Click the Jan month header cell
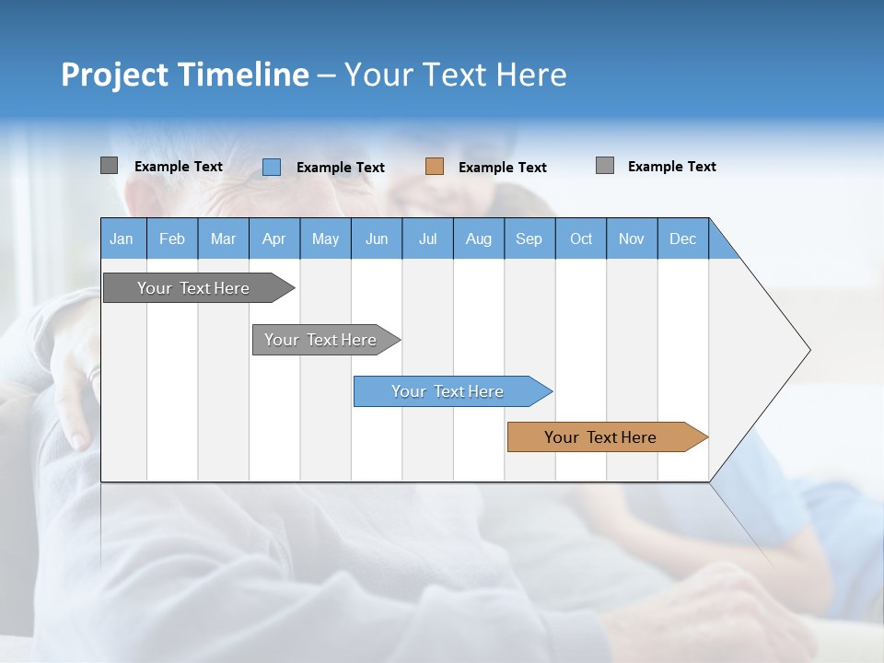point(122,238)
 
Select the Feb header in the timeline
point(172,238)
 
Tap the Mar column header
point(223,238)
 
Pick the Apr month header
point(274,238)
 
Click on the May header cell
point(325,238)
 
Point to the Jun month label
point(377,238)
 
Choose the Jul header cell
point(427,238)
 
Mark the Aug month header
point(479,238)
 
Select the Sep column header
point(529,238)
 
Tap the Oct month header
point(581,238)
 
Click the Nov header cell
point(632,238)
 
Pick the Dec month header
point(683,238)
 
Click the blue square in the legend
point(272,167)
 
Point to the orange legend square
point(435,167)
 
